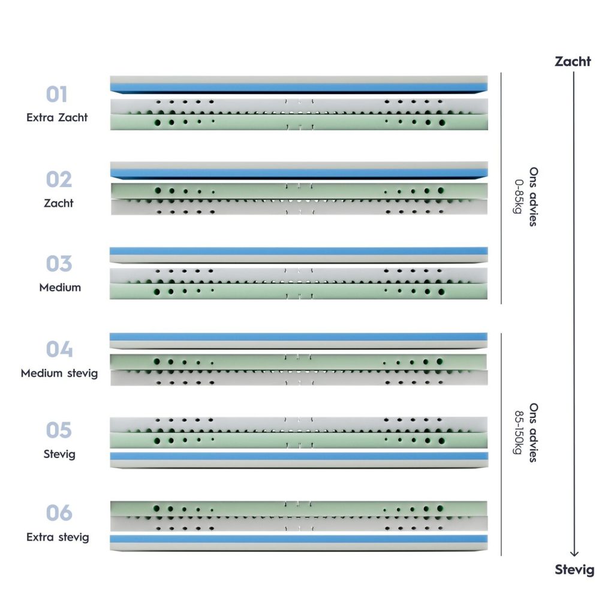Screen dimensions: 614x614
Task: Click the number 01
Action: pos(57,94)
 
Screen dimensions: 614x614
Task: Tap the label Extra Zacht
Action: pos(57,118)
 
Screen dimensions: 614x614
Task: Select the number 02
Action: pos(59,179)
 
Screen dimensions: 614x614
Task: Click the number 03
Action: pos(59,264)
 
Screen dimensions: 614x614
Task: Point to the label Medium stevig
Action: pos(59,373)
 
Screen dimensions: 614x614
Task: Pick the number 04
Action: pos(59,350)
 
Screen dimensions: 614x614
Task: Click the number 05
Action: pos(59,431)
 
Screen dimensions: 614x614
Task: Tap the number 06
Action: pos(59,513)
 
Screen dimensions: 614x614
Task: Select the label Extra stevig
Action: pos(58,537)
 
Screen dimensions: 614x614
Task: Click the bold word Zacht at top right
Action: pos(573,62)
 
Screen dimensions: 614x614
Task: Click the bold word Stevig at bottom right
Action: pos(574,570)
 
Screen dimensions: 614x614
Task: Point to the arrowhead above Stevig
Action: pos(574,553)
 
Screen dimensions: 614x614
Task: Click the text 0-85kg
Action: pos(519,197)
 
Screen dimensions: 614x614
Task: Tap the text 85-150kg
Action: pos(519,432)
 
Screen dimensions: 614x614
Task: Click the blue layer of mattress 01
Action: pos(299,88)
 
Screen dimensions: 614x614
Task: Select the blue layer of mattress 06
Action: pos(299,539)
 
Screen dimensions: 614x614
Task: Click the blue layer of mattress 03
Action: pos(299,251)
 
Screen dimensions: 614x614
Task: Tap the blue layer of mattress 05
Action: pos(299,456)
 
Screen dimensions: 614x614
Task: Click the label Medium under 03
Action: pos(60,287)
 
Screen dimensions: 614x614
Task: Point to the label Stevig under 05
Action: pos(59,455)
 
